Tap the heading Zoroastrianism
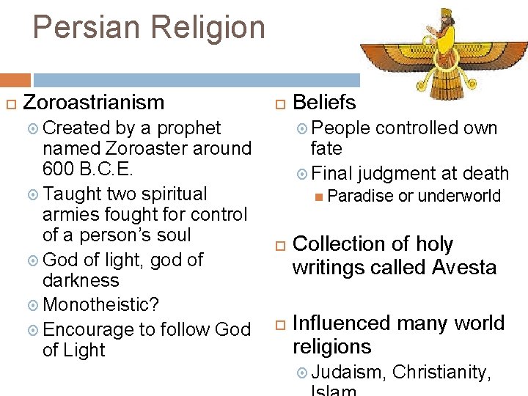tap(94, 103)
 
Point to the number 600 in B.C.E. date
tap(58, 169)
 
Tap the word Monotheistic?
tap(100, 304)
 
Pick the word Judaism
tap(348, 373)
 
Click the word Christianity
tap(441, 373)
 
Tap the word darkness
tap(81, 280)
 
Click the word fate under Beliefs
tap(326, 148)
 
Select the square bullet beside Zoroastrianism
tap(10, 103)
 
